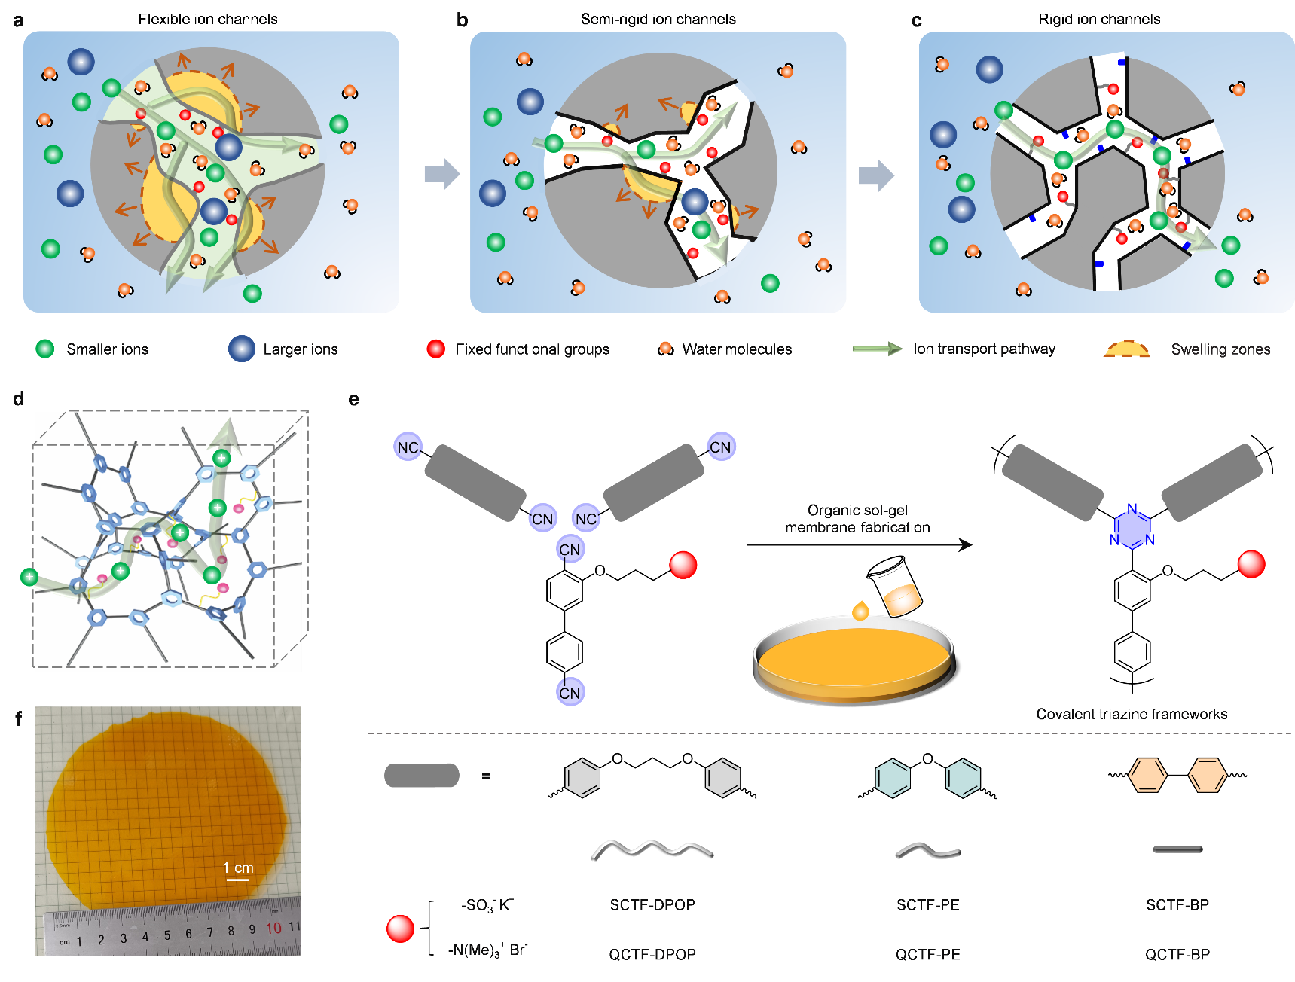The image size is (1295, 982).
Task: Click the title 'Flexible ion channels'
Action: (x=208, y=19)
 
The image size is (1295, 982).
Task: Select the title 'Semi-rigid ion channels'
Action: (x=658, y=19)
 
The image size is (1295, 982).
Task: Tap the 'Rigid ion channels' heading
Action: (x=1099, y=19)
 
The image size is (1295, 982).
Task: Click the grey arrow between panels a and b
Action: (x=442, y=174)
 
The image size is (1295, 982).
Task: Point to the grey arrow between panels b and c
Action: (x=876, y=175)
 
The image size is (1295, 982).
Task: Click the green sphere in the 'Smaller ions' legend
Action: (x=45, y=349)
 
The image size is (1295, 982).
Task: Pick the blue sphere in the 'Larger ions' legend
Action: (x=242, y=349)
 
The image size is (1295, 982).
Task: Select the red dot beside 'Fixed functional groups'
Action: (x=435, y=349)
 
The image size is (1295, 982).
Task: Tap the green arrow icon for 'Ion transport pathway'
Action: (x=877, y=349)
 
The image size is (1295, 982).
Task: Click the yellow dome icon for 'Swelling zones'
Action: (x=1126, y=349)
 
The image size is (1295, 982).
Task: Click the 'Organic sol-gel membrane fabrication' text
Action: (x=857, y=519)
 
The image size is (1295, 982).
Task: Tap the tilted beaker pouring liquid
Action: (x=896, y=586)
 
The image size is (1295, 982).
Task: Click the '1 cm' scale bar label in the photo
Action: (x=238, y=868)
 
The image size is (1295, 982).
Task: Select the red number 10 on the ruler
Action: (x=273, y=929)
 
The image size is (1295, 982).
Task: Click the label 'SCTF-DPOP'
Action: (x=652, y=904)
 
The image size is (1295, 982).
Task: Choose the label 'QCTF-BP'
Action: (x=1177, y=954)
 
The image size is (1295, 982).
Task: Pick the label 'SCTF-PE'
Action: (x=928, y=904)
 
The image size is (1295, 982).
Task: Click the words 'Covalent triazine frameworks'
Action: (x=1132, y=714)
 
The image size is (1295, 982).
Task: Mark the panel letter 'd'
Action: (x=19, y=398)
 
